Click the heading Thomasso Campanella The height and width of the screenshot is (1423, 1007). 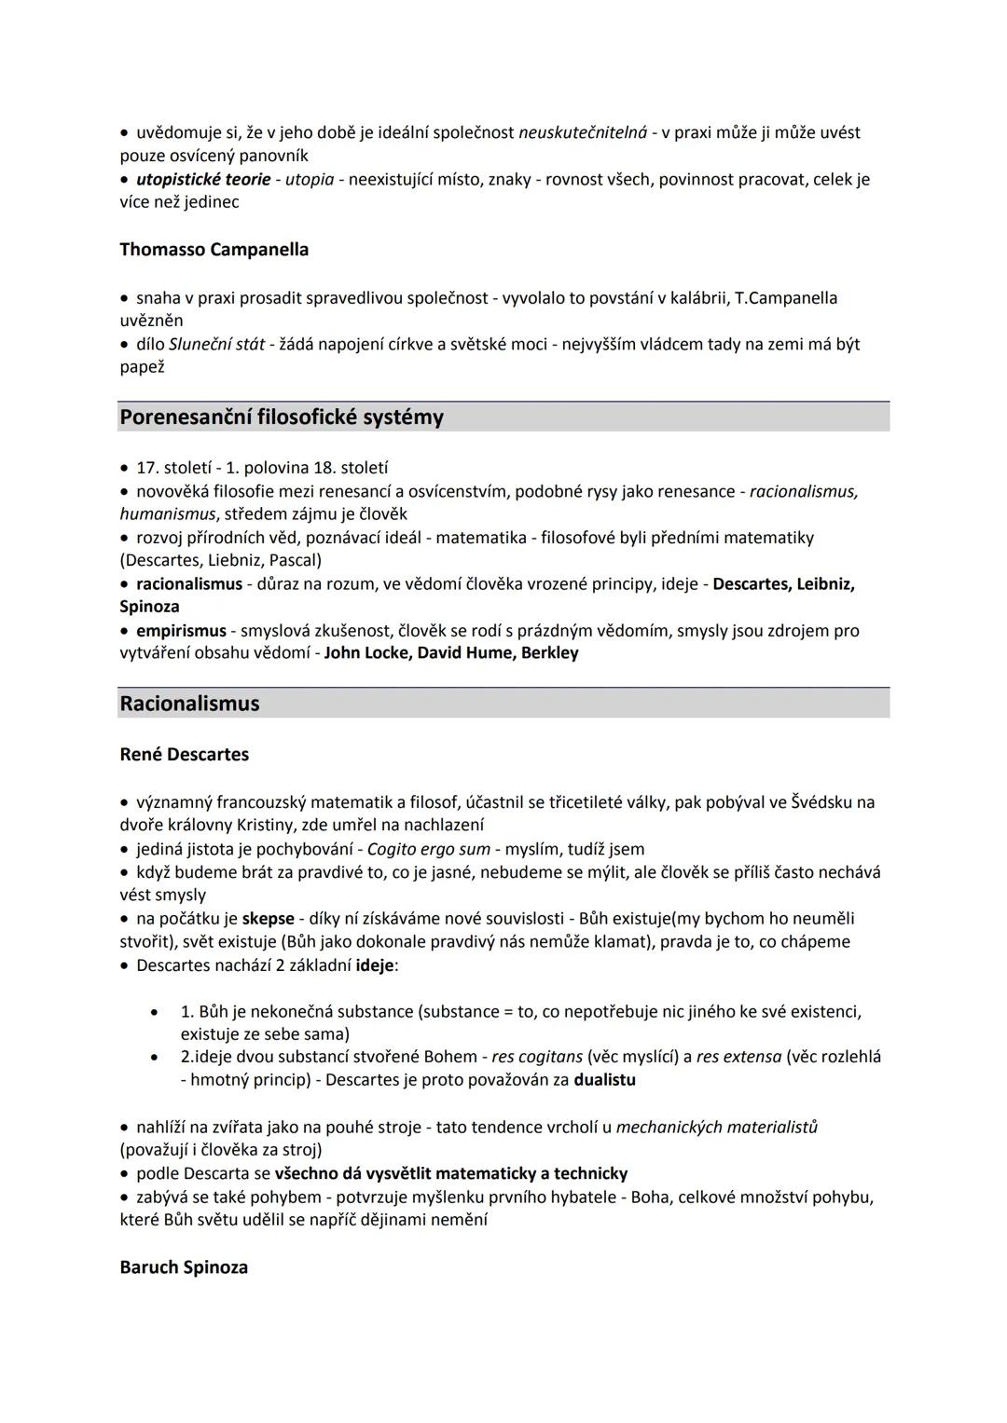[x=214, y=250]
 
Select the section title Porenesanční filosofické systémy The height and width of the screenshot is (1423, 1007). [x=281, y=417]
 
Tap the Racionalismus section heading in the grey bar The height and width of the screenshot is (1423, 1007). [x=189, y=704]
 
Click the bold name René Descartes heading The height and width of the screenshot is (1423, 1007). [x=184, y=754]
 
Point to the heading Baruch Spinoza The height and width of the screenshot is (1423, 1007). [x=184, y=1267]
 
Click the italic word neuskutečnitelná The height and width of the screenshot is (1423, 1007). [x=582, y=132]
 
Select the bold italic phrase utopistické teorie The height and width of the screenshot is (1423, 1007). [x=203, y=179]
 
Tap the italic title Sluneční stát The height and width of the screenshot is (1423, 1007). [x=216, y=344]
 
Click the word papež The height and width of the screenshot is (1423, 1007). [x=142, y=367]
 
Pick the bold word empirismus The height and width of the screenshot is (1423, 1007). [x=181, y=631]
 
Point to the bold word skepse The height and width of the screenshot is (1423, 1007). [x=268, y=918]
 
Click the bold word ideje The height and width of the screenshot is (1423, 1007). [x=375, y=965]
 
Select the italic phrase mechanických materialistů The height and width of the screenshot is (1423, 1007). [x=716, y=1127]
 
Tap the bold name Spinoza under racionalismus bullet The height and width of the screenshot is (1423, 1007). [x=149, y=607]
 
